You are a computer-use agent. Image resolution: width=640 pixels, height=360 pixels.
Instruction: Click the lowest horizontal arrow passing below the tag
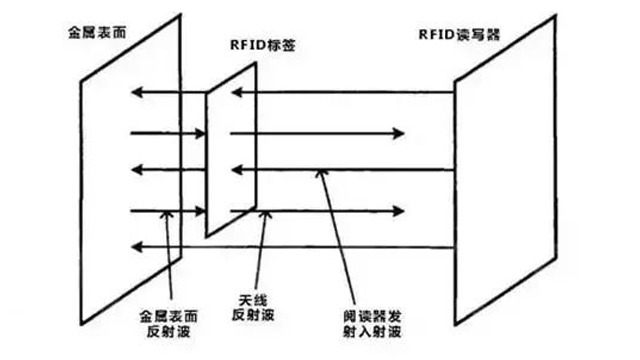tap(300, 245)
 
